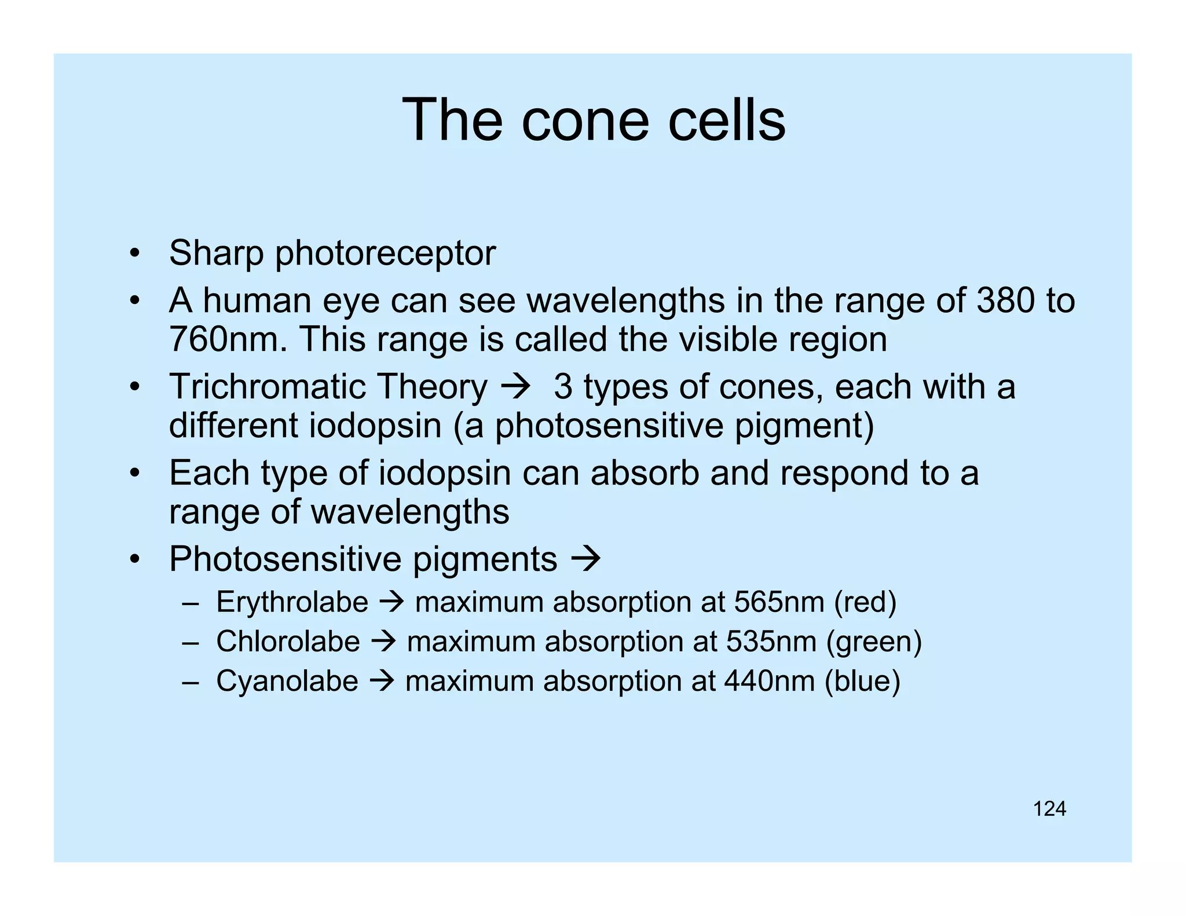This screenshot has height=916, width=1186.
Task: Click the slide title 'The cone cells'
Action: coord(593,120)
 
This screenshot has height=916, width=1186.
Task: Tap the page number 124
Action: coord(1049,808)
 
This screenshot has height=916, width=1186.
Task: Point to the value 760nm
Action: coord(228,339)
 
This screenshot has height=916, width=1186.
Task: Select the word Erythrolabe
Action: coord(292,602)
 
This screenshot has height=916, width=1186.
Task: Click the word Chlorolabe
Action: coord(288,642)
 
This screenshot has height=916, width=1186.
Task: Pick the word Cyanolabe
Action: coord(287,681)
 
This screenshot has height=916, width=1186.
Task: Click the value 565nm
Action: coord(779,602)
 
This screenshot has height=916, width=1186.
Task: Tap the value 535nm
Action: coord(771,642)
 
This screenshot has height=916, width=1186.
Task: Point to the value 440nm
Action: coord(769,681)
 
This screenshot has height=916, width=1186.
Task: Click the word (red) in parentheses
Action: coord(865,602)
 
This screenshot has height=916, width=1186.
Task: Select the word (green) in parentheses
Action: coord(874,642)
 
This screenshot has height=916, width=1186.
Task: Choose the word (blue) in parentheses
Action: coord(862,681)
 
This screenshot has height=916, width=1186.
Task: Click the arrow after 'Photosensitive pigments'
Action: coord(586,559)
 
